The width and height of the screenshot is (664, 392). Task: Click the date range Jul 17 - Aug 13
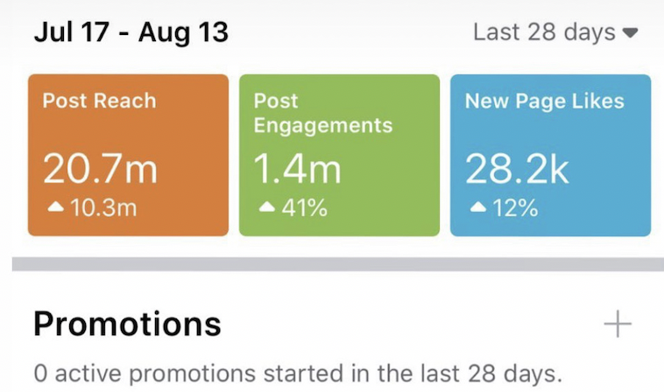pyautogui.click(x=131, y=33)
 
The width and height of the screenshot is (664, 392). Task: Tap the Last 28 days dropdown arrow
pyautogui.click(x=630, y=34)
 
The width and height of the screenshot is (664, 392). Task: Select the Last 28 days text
pyautogui.click(x=544, y=33)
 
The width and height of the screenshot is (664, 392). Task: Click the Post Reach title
pyautogui.click(x=99, y=101)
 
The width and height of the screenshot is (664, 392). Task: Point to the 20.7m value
pyautogui.click(x=100, y=169)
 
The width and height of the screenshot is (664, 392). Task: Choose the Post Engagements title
pyautogui.click(x=322, y=113)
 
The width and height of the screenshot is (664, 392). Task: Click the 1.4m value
pyautogui.click(x=297, y=169)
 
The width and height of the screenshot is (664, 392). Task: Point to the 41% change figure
pyautogui.click(x=306, y=210)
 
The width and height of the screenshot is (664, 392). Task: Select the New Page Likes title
pyautogui.click(x=544, y=101)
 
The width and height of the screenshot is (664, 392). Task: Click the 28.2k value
pyautogui.click(x=517, y=169)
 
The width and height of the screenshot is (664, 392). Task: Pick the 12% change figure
pyautogui.click(x=517, y=210)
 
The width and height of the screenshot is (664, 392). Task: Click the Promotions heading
pyautogui.click(x=127, y=325)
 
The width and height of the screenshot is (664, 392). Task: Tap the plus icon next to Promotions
pyautogui.click(x=618, y=325)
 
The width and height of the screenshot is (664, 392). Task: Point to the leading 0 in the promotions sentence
pyautogui.click(x=40, y=374)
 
